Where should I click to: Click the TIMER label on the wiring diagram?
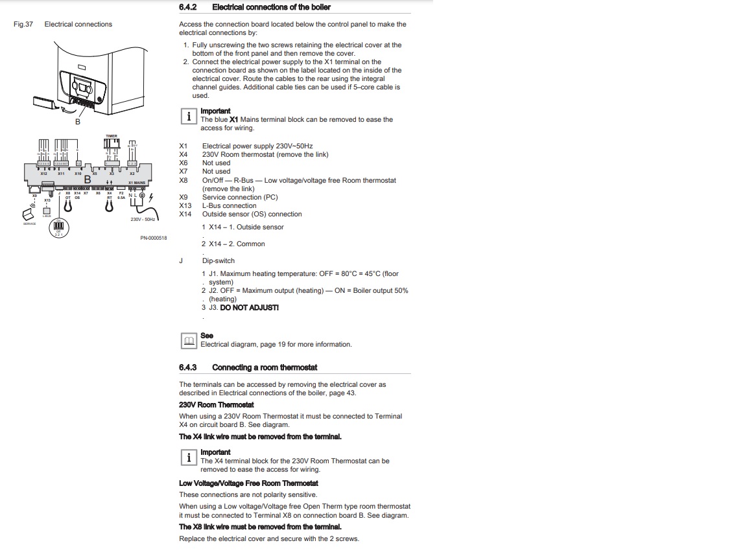(x=112, y=136)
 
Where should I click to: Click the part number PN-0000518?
(x=154, y=238)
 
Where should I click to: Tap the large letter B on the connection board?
(x=87, y=179)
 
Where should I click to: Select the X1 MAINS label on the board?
(x=137, y=183)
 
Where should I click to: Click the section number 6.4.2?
(x=187, y=7)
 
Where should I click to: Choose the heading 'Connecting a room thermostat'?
(x=265, y=367)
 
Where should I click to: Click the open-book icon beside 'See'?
(x=188, y=340)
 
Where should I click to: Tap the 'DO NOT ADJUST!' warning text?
(x=250, y=308)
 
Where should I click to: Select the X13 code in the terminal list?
(x=185, y=205)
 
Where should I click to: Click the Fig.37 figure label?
(x=23, y=25)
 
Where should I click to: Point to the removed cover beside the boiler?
(x=43, y=101)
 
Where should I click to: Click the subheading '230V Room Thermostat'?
(x=217, y=405)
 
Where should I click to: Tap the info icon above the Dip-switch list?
(x=188, y=116)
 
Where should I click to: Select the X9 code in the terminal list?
(x=184, y=197)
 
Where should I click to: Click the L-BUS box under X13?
(x=47, y=211)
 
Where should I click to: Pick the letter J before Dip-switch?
(x=181, y=261)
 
